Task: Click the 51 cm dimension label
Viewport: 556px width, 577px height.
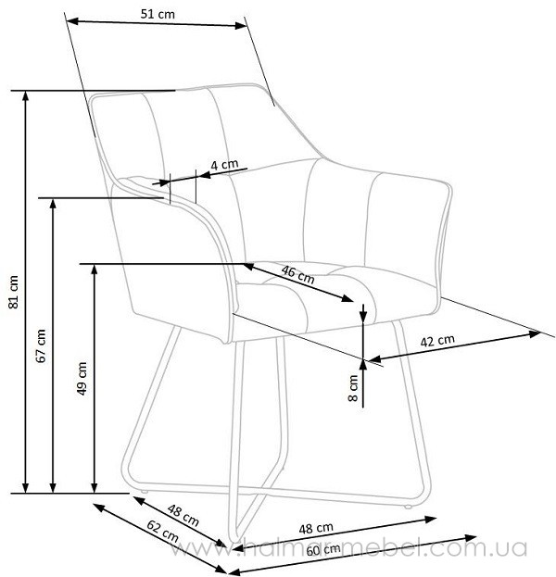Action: click(158, 14)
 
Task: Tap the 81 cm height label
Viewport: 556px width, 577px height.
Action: click(14, 292)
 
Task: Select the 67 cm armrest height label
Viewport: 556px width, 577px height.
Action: click(41, 345)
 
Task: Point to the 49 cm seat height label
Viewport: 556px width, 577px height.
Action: click(82, 378)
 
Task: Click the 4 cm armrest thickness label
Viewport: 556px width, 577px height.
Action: click(224, 165)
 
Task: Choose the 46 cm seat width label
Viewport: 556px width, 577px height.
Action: click(297, 274)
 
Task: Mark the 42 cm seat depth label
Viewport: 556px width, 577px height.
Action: click(437, 341)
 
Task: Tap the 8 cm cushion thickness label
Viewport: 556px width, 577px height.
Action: click(353, 388)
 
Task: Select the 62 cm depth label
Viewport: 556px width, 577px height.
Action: click(162, 531)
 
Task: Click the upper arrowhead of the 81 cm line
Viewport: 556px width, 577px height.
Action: click(25, 95)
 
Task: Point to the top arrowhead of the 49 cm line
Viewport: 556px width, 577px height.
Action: click(95, 270)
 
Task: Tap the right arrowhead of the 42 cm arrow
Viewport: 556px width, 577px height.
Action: click(535, 333)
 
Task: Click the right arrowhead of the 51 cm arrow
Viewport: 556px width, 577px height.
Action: click(240, 25)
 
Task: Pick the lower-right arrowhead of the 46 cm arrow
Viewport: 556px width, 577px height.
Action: click(347, 298)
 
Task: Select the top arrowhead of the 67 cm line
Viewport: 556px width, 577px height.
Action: click(53, 204)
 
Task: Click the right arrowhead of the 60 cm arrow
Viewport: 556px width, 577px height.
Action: click(472, 538)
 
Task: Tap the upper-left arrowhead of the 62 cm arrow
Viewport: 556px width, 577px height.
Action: click(98, 508)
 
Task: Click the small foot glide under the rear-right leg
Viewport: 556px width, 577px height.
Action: click(407, 507)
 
